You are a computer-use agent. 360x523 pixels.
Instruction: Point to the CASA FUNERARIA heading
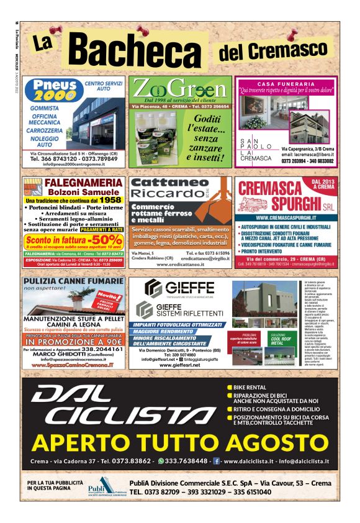(286, 83)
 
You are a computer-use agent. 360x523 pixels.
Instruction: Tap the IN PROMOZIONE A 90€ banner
(73, 341)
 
